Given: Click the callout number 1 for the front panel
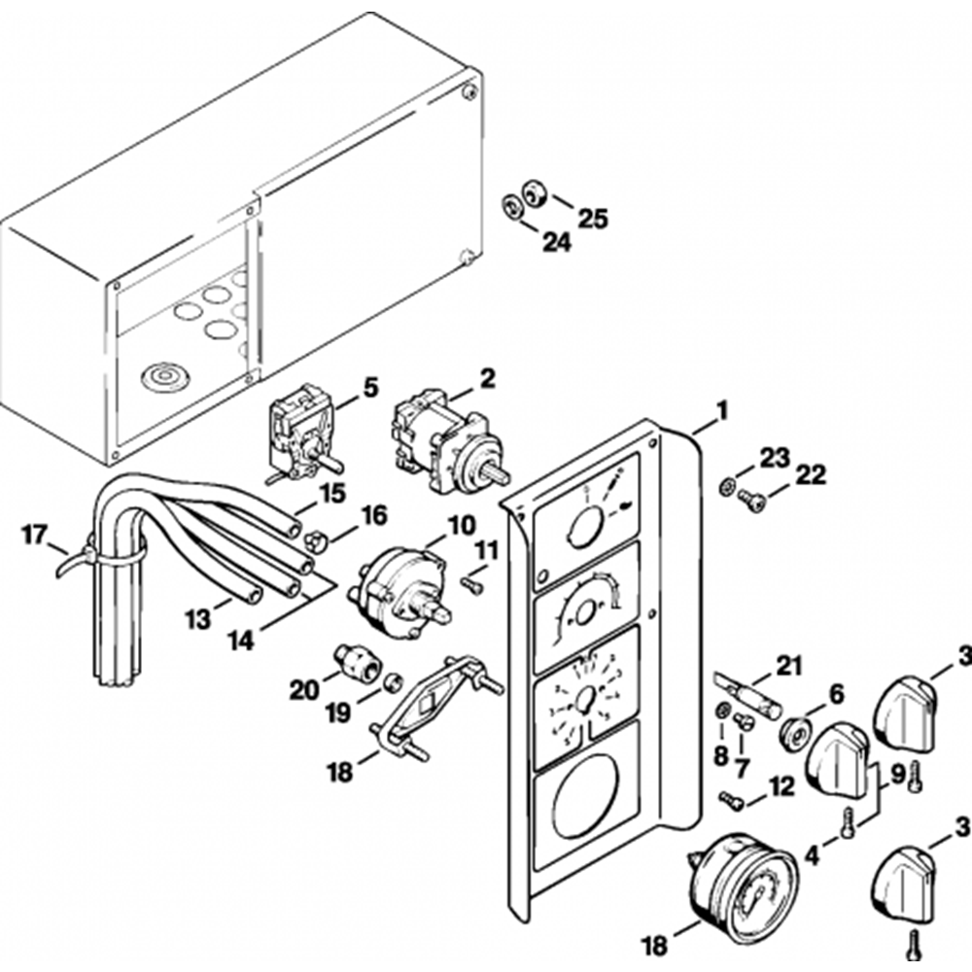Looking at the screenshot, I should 720,411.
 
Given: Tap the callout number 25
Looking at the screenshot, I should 592,218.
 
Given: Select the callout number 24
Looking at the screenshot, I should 557,243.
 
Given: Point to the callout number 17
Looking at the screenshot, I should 35,533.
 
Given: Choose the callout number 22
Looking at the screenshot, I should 811,475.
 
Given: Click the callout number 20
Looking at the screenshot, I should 304,690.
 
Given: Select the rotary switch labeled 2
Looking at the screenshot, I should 445,435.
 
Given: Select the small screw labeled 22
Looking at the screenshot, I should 751,502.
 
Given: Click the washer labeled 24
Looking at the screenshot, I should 508,205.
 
